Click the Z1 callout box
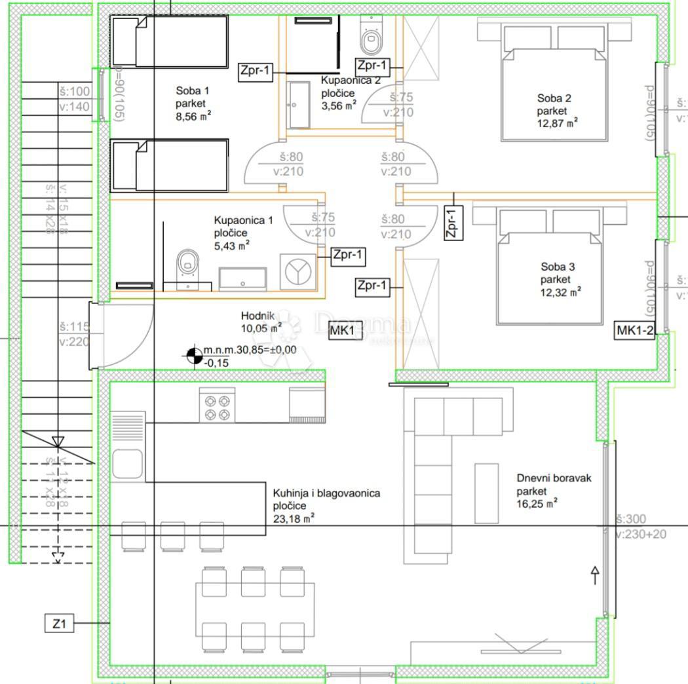(x=60, y=624)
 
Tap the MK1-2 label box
(x=635, y=331)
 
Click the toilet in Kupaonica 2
(x=371, y=36)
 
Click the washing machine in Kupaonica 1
(x=297, y=271)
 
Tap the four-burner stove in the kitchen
(x=217, y=406)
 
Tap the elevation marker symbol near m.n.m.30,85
(x=194, y=355)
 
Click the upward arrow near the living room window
(x=595, y=575)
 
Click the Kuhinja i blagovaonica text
(x=326, y=493)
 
